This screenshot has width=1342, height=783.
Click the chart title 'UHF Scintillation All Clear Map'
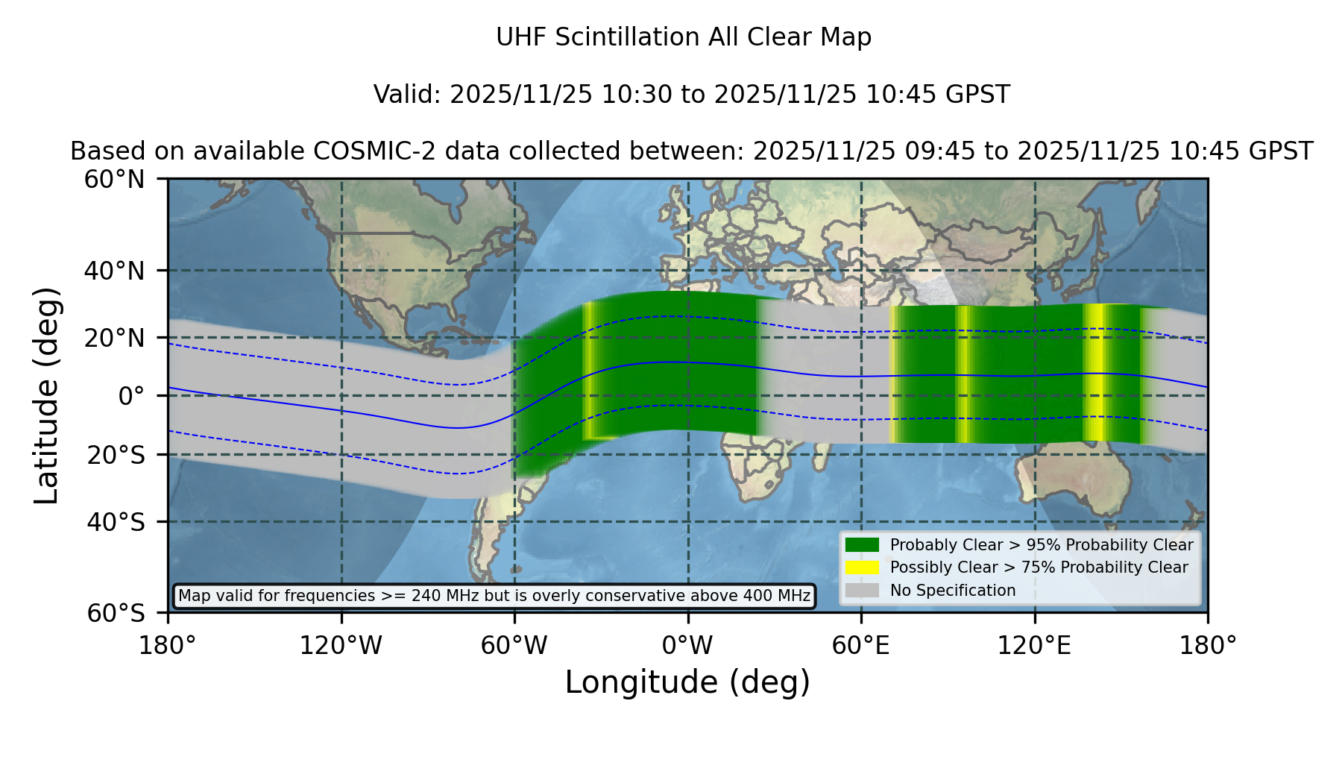click(x=684, y=37)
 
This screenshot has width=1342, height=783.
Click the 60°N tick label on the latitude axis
click(x=115, y=180)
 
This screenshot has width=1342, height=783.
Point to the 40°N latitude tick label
click(x=115, y=271)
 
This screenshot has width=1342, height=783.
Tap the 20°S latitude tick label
click(x=116, y=455)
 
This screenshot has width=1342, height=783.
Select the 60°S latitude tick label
click(x=116, y=613)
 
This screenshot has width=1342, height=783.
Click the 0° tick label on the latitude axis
click(x=132, y=396)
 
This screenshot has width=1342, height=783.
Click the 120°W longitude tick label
click(x=341, y=646)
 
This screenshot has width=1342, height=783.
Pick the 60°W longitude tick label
click(x=514, y=646)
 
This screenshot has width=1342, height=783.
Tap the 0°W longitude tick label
click(x=687, y=646)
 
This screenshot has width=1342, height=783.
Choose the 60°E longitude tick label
click(x=861, y=646)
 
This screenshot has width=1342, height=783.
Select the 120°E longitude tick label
click(x=1035, y=646)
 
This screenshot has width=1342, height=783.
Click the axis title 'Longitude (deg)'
click(x=687, y=682)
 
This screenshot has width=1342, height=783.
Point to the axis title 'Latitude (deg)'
click(x=46, y=395)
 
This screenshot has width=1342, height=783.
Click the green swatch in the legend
click(x=862, y=545)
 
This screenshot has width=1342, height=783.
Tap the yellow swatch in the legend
click(x=862, y=567)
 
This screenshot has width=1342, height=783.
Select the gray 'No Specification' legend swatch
click(x=862, y=591)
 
